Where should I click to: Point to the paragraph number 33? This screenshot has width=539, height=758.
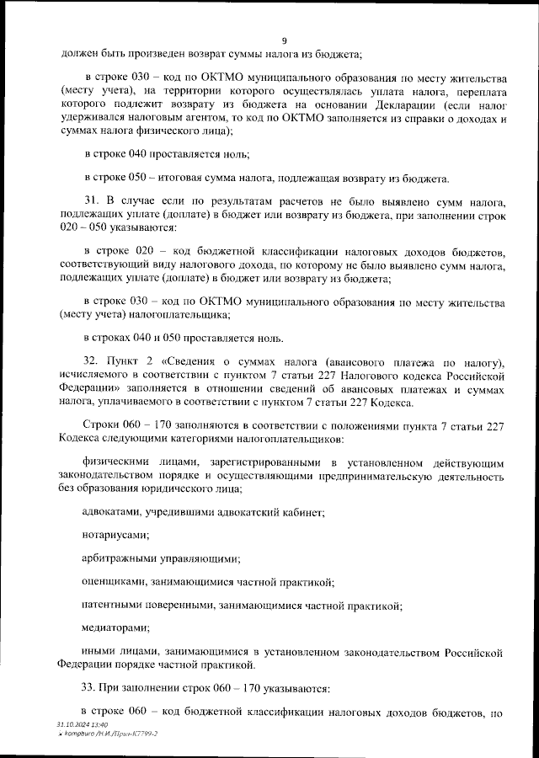tap(92, 689)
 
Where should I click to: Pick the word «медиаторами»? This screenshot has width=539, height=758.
tap(116, 627)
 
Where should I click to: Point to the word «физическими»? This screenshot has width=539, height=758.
tap(117, 463)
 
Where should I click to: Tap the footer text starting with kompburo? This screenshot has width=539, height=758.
tap(110, 734)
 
